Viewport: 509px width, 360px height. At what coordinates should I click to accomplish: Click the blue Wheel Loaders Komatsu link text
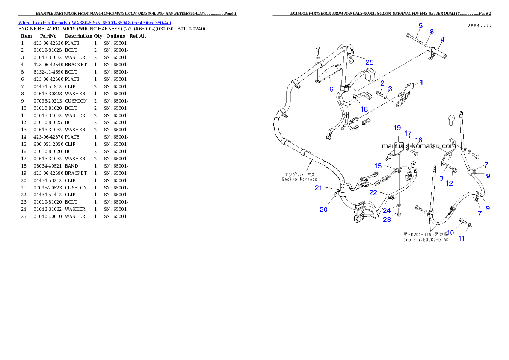pyautogui.click(x=95, y=23)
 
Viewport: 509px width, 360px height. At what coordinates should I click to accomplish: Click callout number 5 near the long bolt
pyautogui.click(x=420, y=26)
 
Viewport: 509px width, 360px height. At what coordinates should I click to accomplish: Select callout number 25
pyautogui.click(x=369, y=62)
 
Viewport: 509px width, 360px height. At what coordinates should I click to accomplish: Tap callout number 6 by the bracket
pyautogui.click(x=331, y=89)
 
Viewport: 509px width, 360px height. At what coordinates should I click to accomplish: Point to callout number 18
pyautogui.click(x=364, y=109)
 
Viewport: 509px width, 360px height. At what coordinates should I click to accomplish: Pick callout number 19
pyautogui.click(x=397, y=127)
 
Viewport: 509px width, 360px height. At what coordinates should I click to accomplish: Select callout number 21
pyautogui.click(x=319, y=188)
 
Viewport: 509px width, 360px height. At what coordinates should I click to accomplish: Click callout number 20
pyautogui.click(x=323, y=210)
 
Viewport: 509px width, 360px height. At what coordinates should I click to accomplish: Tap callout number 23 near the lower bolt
pyautogui.click(x=387, y=220)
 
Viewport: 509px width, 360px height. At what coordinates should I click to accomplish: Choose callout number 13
pyautogui.click(x=440, y=179)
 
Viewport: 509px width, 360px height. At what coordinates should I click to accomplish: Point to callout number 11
pyautogui.click(x=462, y=239)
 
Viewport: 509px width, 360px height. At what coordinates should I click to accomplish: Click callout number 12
pyautogui.click(x=449, y=183)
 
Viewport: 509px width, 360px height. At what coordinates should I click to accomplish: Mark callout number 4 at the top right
pyautogui.click(x=442, y=39)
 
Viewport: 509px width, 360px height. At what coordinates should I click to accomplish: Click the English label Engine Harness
pyautogui.click(x=299, y=180)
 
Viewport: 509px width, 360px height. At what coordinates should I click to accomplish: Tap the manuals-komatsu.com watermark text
pyautogui.click(x=418, y=145)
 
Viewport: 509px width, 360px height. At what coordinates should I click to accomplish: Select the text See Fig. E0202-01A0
pyautogui.click(x=426, y=240)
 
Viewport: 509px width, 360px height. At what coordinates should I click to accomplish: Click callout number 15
pyautogui.click(x=378, y=166)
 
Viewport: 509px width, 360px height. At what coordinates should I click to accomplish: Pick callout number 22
pyautogui.click(x=373, y=193)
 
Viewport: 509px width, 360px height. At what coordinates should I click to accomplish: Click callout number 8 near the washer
pyautogui.click(x=432, y=31)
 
